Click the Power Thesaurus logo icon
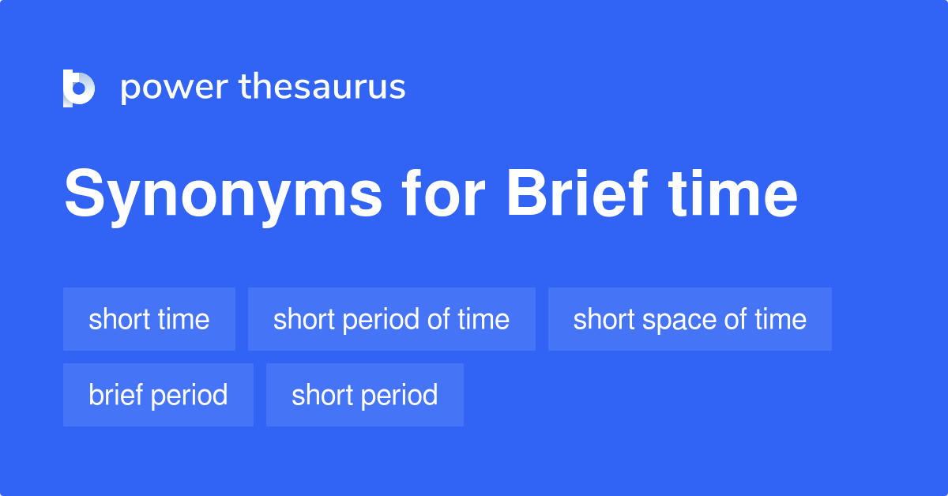click(x=79, y=88)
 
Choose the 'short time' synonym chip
click(x=149, y=319)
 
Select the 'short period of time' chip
click(x=391, y=319)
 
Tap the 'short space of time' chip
click(x=690, y=319)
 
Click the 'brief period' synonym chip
click(x=158, y=395)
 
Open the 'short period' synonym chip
click(x=364, y=395)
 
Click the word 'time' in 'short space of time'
click(x=781, y=319)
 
